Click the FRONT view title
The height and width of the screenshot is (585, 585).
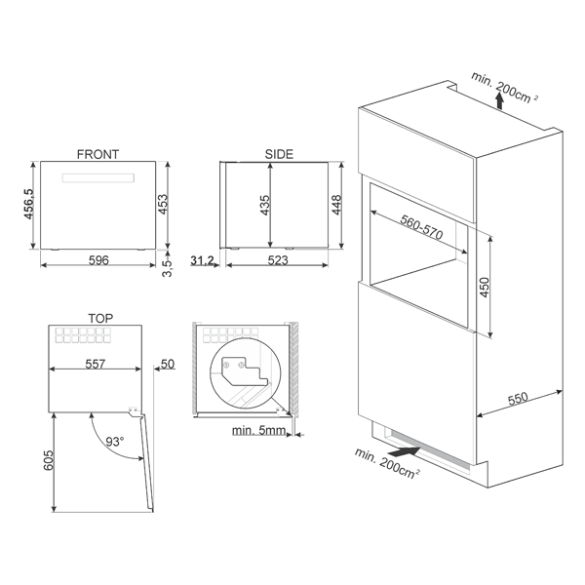coord(97,154)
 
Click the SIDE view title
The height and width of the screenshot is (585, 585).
coord(279,154)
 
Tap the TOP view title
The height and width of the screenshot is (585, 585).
coord(100,318)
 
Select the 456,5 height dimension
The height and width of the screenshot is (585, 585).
coord(28,204)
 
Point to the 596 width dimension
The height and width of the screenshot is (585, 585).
coord(98,260)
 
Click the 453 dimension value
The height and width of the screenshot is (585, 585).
coord(163,204)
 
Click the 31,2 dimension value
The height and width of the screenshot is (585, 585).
coord(202,260)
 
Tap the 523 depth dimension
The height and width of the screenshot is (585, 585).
coord(278,260)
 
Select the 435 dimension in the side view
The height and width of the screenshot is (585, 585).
coord(264,205)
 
